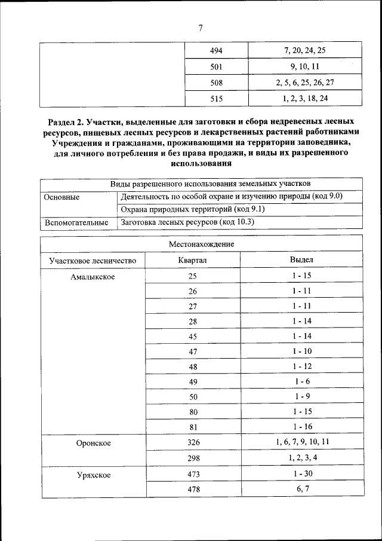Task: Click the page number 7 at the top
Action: click(x=200, y=28)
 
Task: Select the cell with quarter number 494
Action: click(x=216, y=50)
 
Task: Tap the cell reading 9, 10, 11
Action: click(x=305, y=66)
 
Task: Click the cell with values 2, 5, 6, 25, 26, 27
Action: click(x=305, y=82)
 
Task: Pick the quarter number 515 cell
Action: click(x=216, y=99)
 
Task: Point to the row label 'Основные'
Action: click(x=61, y=197)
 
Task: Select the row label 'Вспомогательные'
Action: click(x=76, y=222)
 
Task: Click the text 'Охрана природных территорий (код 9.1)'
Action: click(x=192, y=209)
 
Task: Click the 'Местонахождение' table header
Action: click(x=201, y=244)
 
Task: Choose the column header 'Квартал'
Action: click(x=192, y=260)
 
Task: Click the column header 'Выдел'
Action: click(x=301, y=260)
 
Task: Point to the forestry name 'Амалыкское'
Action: click(x=93, y=276)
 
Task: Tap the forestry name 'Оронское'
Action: click(x=93, y=443)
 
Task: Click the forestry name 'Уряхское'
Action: click(x=93, y=475)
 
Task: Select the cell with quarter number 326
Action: click(x=192, y=443)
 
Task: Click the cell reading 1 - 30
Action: click(x=301, y=474)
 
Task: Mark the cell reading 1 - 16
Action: click(x=301, y=427)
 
